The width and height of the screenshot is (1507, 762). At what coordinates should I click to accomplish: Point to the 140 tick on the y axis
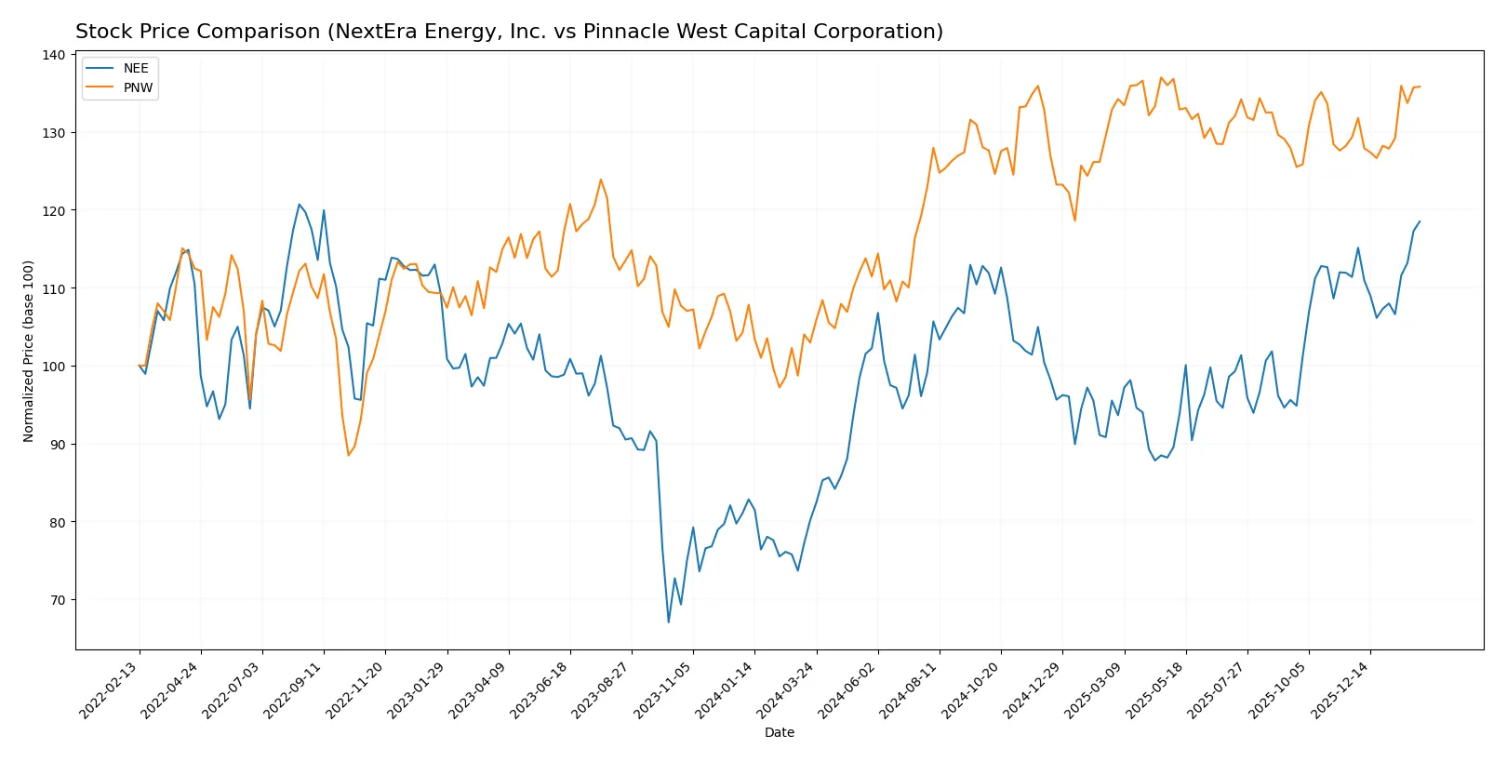click(x=55, y=55)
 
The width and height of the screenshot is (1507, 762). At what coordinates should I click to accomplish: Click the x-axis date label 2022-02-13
click(x=110, y=690)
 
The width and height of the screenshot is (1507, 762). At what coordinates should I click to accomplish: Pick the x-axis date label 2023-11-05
click(x=663, y=690)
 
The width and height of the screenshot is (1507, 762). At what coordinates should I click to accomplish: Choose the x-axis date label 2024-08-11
click(x=910, y=690)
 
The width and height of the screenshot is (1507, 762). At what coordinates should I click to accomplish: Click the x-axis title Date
click(x=779, y=732)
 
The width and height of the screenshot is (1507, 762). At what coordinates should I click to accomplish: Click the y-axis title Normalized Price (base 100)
click(x=29, y=351)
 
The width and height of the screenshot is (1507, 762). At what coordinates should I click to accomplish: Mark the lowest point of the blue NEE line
click(x=668, y=622)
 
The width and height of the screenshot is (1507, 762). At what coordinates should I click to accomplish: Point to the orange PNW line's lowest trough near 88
click(x=349, y=455)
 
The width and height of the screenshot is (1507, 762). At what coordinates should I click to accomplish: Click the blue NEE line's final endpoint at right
click(x=1420, y=221)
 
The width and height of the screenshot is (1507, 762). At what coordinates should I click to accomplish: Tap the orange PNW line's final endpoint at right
click(x=1420, y=87)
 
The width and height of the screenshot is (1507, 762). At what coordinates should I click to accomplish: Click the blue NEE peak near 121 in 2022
click(x=299, y=205)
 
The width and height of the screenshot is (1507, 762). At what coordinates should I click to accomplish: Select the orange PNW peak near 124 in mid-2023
click(x=601, y=180)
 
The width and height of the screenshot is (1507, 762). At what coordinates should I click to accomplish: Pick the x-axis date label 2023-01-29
click(x=417, y=690)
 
